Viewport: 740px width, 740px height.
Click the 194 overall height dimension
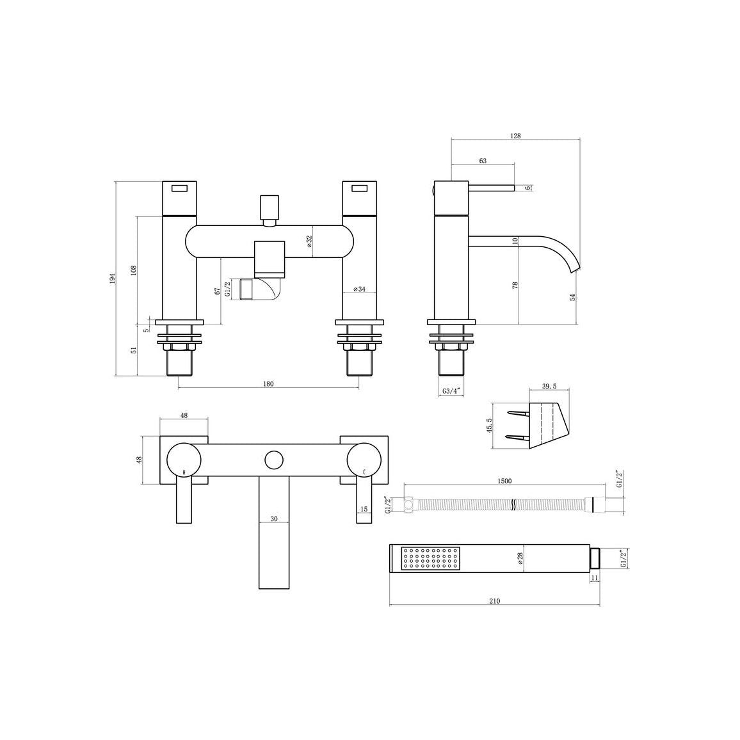tap(112, 278)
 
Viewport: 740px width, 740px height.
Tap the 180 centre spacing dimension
tap(268, 383)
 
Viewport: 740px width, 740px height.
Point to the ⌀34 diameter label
tap(360, 289)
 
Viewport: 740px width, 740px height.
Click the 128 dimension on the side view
tap(515, 136)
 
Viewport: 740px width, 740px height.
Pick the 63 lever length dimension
tap(483, 161)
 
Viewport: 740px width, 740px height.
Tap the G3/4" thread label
tap(451, 390)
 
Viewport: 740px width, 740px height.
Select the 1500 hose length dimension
tap(504, 481)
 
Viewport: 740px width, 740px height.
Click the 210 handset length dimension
tap(494, 601)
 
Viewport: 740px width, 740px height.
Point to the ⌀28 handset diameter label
tap(521, 558)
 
